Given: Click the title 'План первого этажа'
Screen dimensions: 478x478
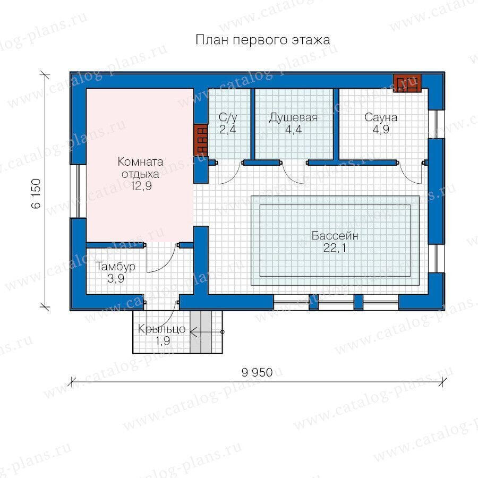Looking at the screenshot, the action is tap(262, 40).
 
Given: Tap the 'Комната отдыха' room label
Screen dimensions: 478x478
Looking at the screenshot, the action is tap(140, 168).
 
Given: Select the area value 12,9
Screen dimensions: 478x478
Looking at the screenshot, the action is tap(141, 186).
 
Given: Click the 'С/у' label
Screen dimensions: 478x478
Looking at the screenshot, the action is tap(228, 117).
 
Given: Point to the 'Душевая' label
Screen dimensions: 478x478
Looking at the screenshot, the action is tap(293, 118).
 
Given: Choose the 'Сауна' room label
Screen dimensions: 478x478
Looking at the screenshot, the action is tap(381, 117).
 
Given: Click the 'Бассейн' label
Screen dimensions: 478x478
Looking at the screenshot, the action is tap(335, 236).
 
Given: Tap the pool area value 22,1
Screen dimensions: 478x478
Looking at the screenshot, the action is tap(335, 248).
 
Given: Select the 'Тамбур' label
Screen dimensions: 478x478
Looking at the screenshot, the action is tap(116, 267).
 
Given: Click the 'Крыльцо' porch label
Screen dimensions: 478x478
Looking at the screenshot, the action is tap(161, 329).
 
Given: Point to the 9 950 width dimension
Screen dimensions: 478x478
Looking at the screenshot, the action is tap(257, 372).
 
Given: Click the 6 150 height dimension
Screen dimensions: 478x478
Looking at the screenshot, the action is tap(36, 193).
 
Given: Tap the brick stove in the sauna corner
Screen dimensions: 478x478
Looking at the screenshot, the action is tap(407, 83).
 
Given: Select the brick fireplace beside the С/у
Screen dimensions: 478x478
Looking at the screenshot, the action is tap(201, 140).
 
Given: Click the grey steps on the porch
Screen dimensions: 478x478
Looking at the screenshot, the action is tap(201, 332).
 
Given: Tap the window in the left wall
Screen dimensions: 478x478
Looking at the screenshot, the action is tap(79, 191).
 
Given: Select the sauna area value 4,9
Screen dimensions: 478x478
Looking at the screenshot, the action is tap(381, 130).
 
